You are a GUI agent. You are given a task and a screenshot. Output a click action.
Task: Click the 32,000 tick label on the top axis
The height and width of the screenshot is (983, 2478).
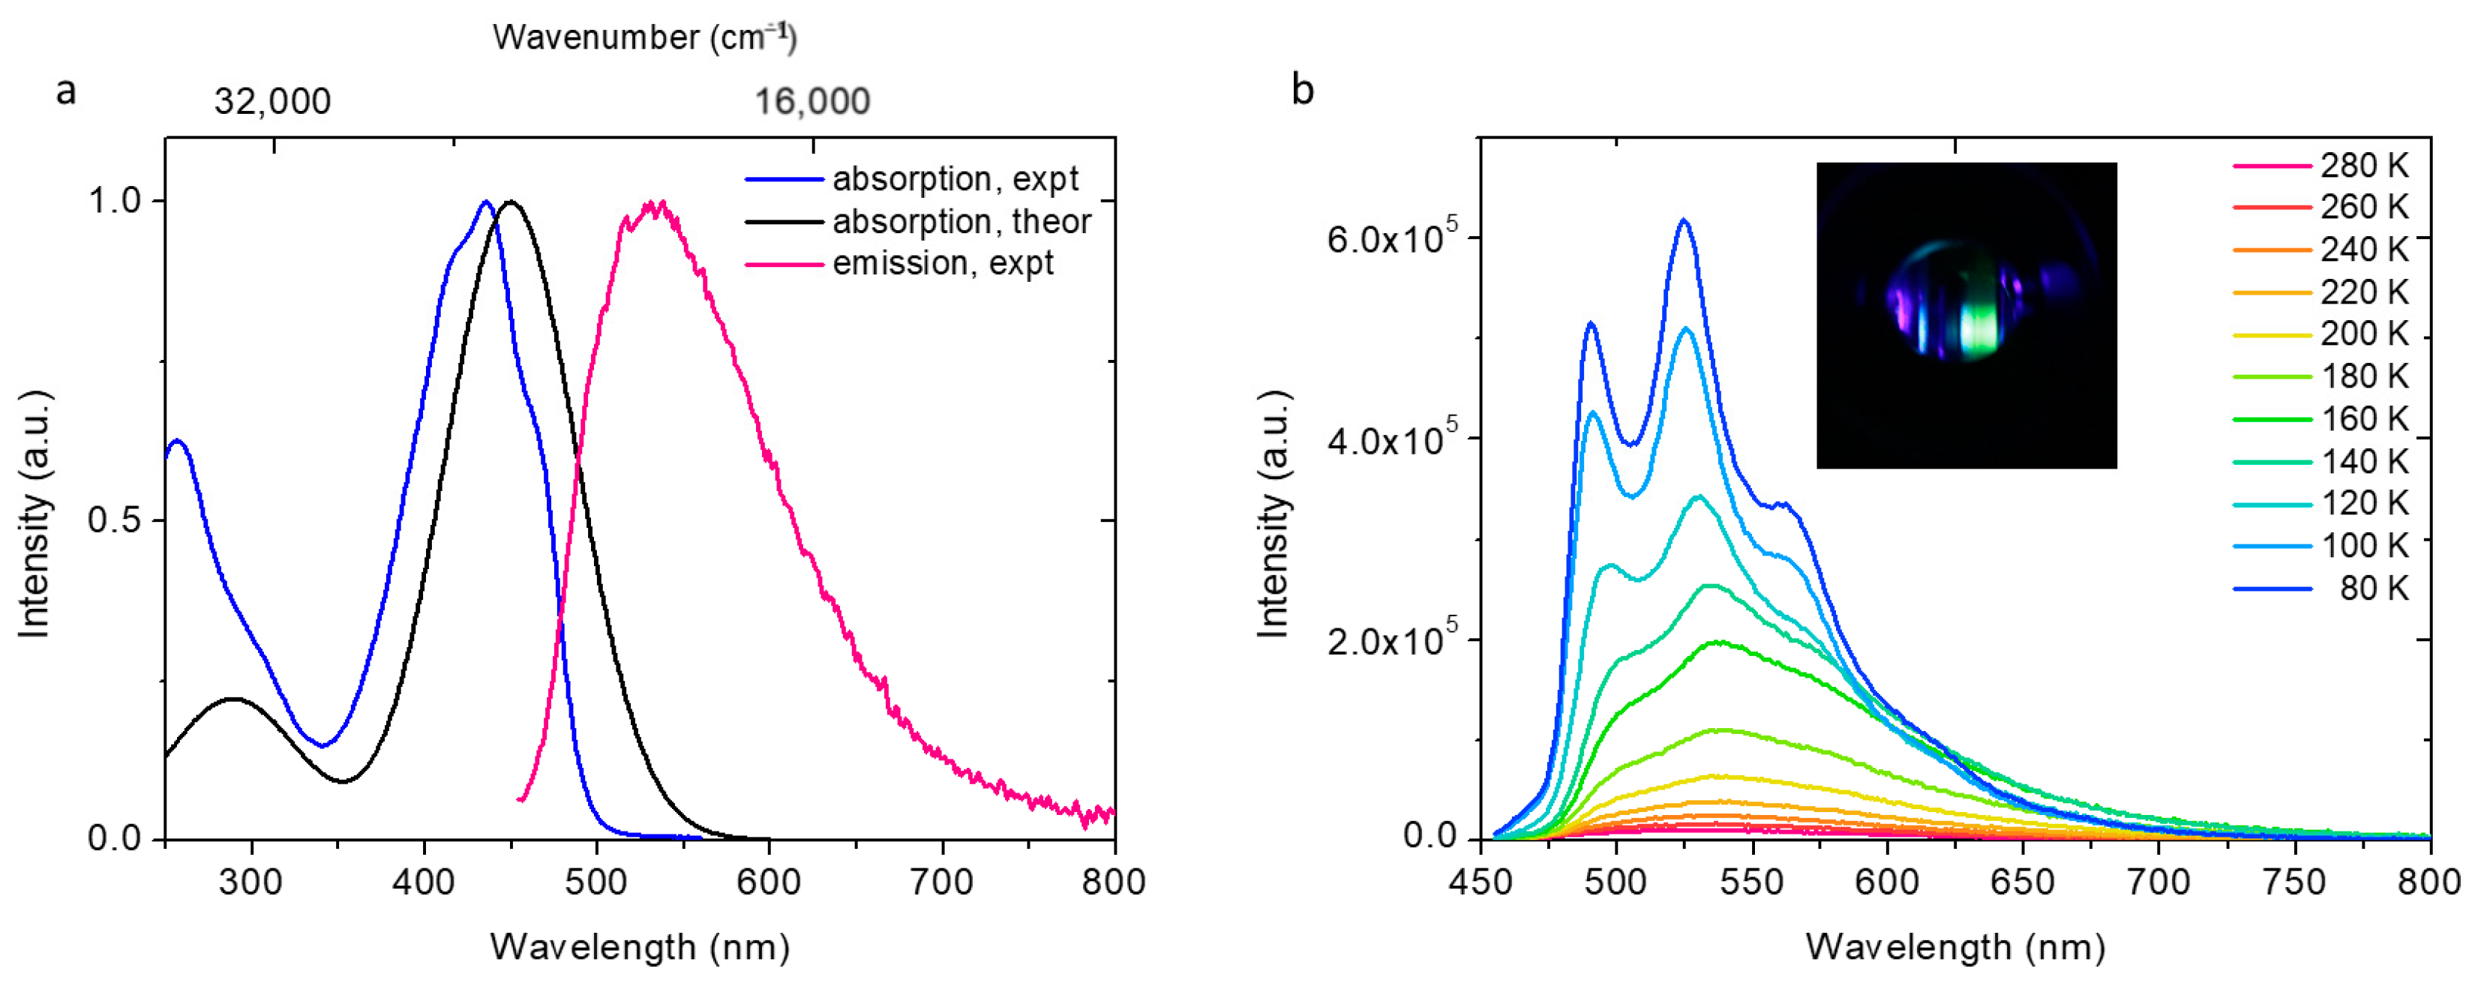pos(272,101)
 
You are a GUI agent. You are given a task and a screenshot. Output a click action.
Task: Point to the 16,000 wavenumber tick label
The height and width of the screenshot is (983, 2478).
pos(812,101)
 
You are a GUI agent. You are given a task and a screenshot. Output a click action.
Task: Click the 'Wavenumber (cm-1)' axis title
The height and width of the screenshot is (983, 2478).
pos(644,37)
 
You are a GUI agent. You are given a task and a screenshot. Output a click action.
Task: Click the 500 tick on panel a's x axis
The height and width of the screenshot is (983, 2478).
pos(595,881)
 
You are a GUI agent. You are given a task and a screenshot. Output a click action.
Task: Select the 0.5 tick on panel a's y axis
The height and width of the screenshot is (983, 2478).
pos(112,520)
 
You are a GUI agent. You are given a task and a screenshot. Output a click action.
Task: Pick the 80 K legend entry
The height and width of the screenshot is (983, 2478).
pos(2372,588)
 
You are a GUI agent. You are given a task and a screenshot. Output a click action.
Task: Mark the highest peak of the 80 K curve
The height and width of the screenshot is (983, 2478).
pos(1684,220)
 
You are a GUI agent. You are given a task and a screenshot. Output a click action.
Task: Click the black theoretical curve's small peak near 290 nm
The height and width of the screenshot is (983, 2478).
pos(232,700)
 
